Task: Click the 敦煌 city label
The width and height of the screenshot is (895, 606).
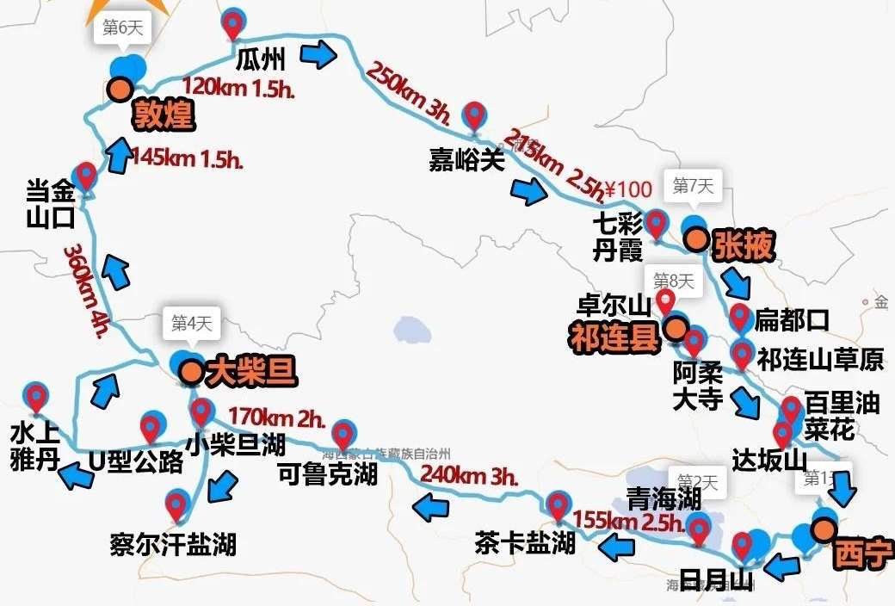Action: tap(164, 115)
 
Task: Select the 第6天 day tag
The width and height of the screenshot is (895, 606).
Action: tap(121, 27)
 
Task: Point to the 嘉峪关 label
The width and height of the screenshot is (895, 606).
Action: tap(466, 160)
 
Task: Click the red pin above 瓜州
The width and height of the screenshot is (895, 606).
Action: tap(232, 23)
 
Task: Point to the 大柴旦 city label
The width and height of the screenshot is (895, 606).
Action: tap(251, 372)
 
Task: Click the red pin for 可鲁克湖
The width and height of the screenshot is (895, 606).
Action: tap(343, 435)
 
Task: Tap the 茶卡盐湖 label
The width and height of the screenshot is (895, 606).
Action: tap(524, 542)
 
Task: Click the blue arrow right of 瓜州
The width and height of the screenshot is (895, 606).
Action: tap(318, 57)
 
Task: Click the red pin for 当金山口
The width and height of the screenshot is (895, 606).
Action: tap(85, 175)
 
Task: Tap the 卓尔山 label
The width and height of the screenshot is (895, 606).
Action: tap(613, 306)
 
